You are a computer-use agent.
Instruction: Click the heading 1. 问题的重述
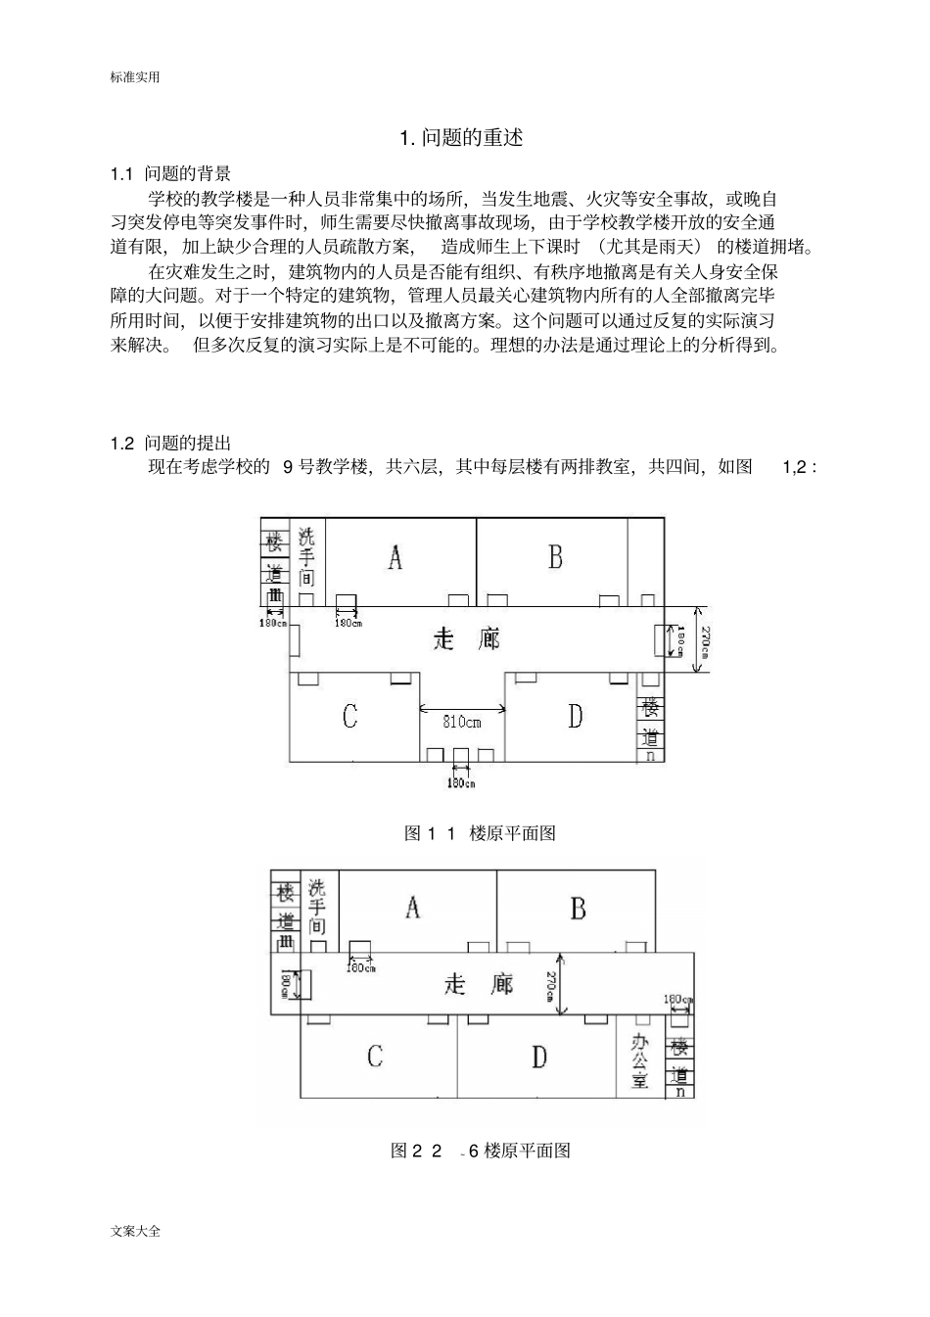coord(462,138)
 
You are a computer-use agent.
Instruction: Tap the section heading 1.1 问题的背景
coord(171,174)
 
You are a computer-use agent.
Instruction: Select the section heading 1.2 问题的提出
coord(171,444)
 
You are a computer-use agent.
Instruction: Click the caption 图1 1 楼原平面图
coord(481,833)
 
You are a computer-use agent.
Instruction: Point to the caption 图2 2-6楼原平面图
coord(481,1151)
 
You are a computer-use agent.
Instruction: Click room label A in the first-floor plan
coord(395,558)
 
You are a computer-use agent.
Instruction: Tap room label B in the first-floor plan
coord(555,557)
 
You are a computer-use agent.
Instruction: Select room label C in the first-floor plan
coord(349,717)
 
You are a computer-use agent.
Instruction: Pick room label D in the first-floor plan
coord(575,717)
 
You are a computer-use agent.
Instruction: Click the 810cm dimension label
coord(462,723)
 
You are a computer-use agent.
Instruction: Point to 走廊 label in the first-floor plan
coord(467,639)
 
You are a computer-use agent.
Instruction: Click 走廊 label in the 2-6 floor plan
coord(479,983)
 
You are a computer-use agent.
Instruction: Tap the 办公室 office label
coord(640,1060)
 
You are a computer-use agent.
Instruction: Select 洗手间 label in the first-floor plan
coord(307,556)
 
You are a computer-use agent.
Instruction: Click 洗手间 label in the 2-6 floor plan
coord(317,906)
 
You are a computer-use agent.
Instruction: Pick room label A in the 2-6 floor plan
coord(413,908)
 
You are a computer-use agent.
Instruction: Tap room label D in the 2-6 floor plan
coord(539,1058)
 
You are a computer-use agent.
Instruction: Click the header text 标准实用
coord(135,77)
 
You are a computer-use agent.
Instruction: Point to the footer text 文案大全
coord(136,1231)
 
